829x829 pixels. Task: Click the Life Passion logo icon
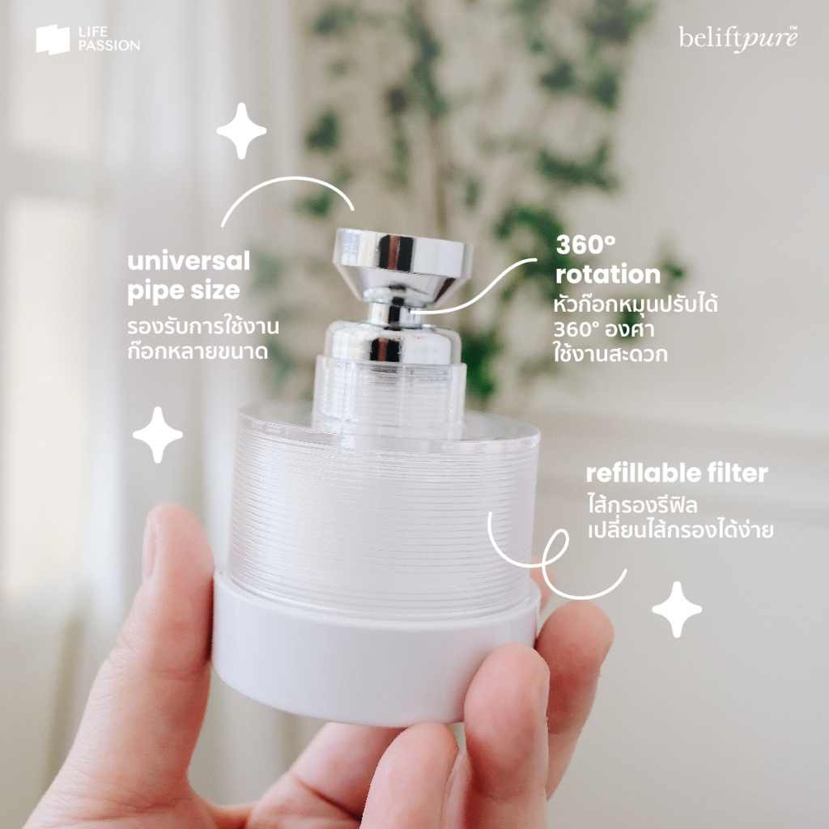(x=53, y=40)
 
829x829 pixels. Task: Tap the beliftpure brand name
(x=738, y=39)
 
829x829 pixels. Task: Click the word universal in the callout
(x=189, y=261)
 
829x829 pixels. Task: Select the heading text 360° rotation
(x=608, y=260)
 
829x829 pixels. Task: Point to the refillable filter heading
(x=677, y=473)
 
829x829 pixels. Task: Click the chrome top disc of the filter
(x=402, y=251)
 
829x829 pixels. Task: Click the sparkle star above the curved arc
(x=241, y=130)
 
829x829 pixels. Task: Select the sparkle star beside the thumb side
(x=158, y=435)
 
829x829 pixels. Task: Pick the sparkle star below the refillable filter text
(x=677, y=609)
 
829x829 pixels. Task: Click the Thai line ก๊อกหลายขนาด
(x=198, y=351)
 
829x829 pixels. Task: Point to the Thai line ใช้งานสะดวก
(x=610, y=353)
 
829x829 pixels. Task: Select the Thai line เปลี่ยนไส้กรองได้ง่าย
(x=680, y=529)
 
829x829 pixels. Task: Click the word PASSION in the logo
(x=109, y=45)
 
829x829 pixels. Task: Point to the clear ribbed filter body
(x=383, y=508)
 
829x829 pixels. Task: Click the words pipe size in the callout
(x=184, y=291)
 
